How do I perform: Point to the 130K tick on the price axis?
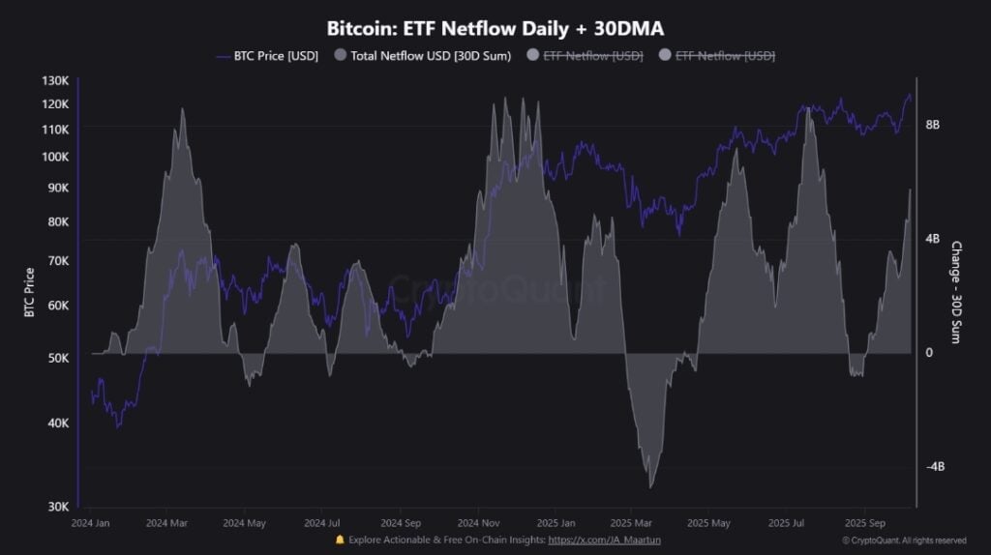point(55,81)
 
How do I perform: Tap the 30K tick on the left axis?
point(57,507)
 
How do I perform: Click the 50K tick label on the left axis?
point(57,358)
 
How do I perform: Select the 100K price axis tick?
point(55,157)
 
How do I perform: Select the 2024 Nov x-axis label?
point(476,523)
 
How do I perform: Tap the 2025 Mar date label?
point(629,523)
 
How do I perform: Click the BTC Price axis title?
point(30,292)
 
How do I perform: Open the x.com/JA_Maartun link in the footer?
point(604,540)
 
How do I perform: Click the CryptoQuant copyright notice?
point(904,540)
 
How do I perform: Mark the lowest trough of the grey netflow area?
point(650,486)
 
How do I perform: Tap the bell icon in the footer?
point(339,540)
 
